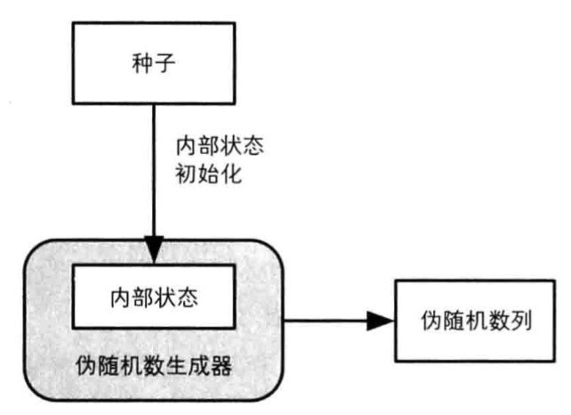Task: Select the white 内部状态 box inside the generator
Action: click(x=154, y=295)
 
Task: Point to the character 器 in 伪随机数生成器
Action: click(x=221, y=365)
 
